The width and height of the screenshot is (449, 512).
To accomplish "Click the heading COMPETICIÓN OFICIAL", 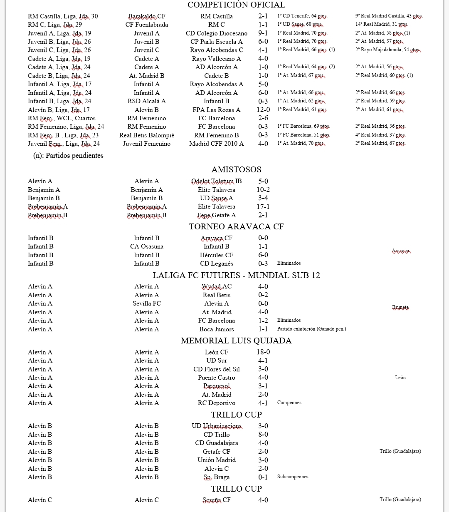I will (236, 5).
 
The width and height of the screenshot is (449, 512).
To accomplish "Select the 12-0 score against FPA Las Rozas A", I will (263, 110).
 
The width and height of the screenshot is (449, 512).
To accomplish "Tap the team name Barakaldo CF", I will (146, 16).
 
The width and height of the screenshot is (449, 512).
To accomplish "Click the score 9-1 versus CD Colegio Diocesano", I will (263, 33).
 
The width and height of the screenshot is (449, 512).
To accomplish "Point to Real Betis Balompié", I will (146, 135).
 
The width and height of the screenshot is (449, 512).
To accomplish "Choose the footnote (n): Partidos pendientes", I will (68, 156).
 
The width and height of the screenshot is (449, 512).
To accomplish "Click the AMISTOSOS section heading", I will (236, 169).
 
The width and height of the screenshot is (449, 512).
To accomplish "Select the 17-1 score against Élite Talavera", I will (263, 206).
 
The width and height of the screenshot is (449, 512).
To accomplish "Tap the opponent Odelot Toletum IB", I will (216, 181).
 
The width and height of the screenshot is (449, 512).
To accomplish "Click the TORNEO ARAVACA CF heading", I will (236, 226).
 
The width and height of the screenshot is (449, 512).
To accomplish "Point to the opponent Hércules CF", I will (216, 255).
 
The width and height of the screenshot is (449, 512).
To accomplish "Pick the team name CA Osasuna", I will (146, 247).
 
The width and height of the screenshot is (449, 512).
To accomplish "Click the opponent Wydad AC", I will (216, 287).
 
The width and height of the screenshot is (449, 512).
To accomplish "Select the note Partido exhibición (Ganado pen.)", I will (311, 329).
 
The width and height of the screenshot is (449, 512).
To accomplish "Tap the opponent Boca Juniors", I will (216, 329).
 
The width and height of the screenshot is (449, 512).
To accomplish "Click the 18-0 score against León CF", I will (263, 352).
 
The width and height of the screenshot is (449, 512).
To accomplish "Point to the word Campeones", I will (289, 403).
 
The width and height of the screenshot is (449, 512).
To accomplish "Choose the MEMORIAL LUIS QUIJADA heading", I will (236, 341).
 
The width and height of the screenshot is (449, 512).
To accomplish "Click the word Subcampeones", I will (293, 477).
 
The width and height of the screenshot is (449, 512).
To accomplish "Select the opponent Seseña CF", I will (216, 500).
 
